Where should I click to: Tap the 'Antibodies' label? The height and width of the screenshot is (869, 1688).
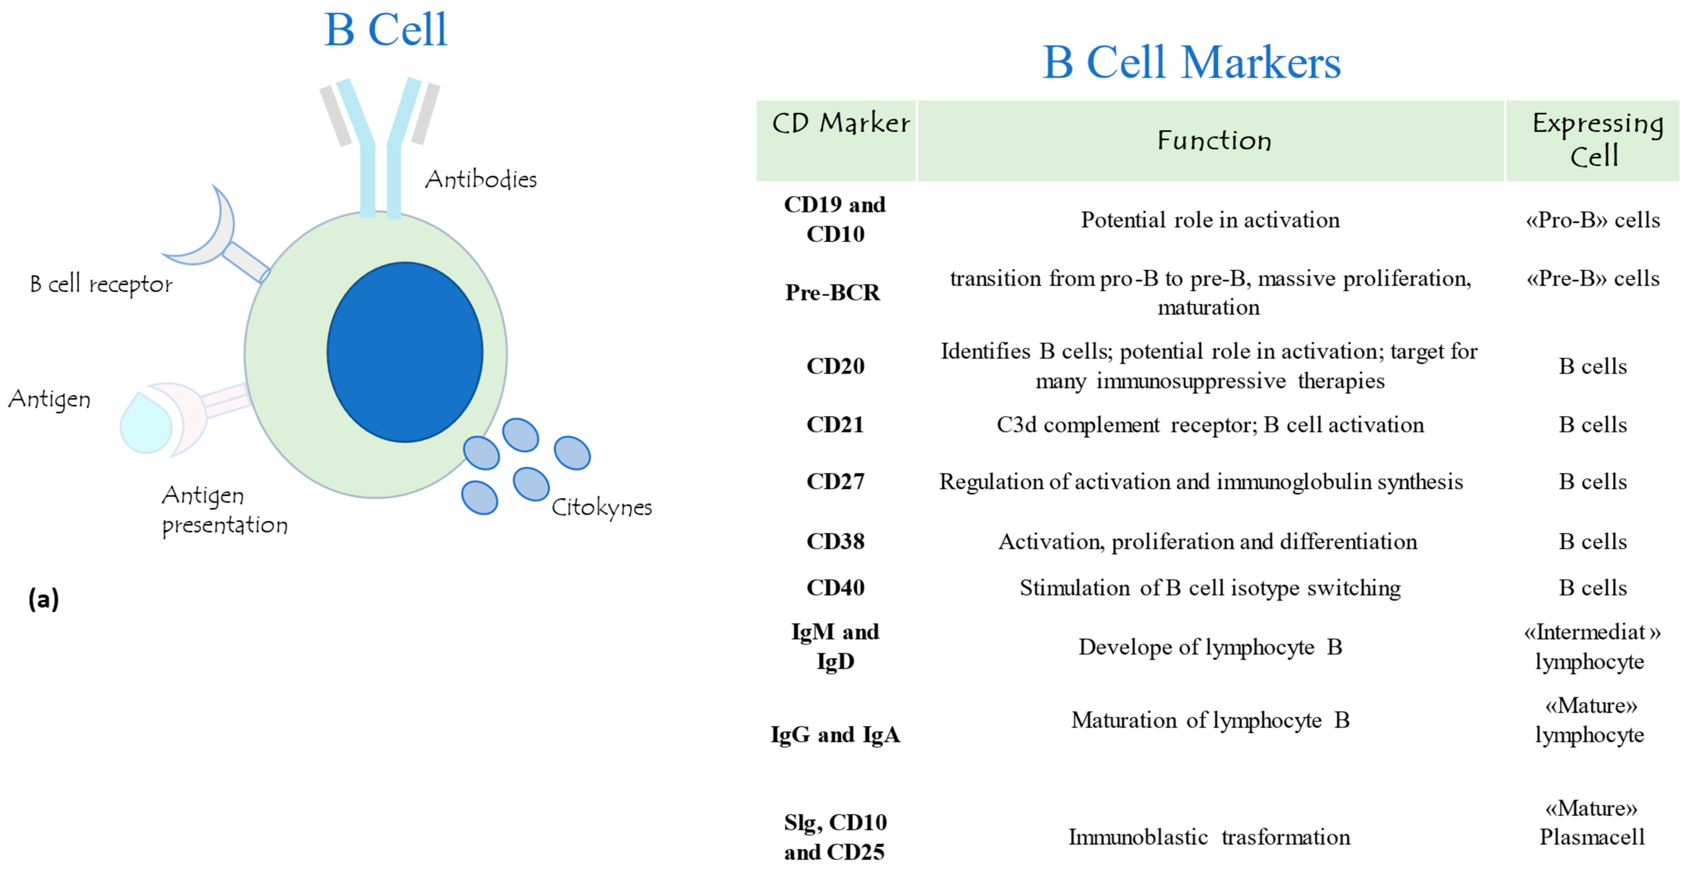point(480,179)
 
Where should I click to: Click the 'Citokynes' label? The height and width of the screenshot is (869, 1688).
point(601,507)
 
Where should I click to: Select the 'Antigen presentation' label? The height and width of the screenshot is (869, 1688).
point(224,510)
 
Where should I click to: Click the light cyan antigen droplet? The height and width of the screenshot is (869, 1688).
point(146,425)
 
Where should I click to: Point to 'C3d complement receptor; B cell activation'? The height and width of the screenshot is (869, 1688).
point(1210,425)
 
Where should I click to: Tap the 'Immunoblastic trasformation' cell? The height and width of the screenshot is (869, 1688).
point(1209,837)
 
